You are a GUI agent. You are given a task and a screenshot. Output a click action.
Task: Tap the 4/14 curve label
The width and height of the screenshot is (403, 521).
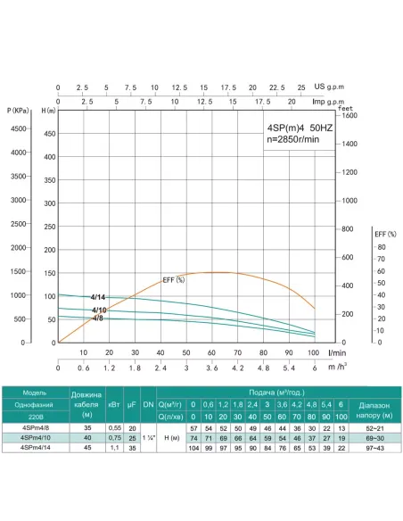pyautogui.click(x=98, y=296)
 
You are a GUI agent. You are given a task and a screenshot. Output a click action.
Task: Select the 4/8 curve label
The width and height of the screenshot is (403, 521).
pyautogui.click(x=99, y=318)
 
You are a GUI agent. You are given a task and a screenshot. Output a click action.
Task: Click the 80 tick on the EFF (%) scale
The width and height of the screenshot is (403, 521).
pyautogui.click(x=382, y=246)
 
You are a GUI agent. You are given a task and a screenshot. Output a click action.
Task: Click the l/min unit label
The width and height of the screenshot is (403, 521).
pyautogui.click(x=337, y=351)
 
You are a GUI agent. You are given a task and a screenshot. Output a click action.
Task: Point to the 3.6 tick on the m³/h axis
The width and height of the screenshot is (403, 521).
pyautogui.click(x=211, y=367)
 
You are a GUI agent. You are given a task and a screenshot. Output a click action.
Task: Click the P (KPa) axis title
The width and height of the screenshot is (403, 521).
pyautogui.click(x=16, y=110)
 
